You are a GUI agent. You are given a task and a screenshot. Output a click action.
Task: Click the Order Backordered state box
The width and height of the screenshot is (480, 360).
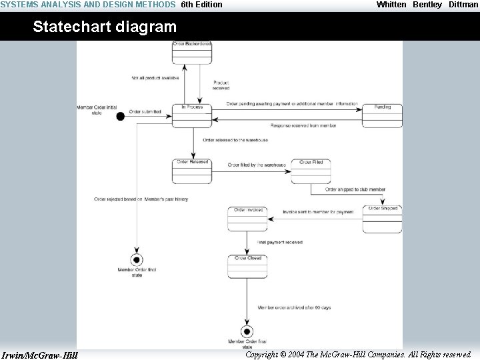coord(191,53)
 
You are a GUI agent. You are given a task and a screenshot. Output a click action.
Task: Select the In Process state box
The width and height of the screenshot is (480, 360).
coord(191,115)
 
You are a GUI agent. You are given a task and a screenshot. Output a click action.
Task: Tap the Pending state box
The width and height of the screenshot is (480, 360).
coord(382,115)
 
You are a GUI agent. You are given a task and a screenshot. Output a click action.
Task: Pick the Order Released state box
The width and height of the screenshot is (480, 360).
coord(192,171)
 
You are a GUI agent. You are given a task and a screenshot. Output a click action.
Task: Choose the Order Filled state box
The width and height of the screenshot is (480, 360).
coord(311,171)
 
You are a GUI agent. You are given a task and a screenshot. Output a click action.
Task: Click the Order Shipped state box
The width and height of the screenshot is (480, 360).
coord(382,219)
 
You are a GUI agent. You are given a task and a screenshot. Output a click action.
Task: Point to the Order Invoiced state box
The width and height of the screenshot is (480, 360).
coord(247,219)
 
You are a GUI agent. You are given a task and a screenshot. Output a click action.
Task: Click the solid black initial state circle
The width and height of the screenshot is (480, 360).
coord(121,116)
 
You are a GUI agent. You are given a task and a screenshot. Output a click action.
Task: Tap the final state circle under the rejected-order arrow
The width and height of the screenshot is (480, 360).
coord(137,259)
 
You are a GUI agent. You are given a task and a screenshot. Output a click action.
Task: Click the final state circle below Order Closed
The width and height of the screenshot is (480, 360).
coord(247,331)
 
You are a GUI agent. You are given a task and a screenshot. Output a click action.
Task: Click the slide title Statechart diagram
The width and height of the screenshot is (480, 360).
coord(105,27)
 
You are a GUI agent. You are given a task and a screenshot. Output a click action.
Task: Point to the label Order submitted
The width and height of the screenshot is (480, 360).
coord(145,112)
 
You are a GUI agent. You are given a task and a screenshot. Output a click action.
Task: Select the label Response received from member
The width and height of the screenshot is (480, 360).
coord(303,125)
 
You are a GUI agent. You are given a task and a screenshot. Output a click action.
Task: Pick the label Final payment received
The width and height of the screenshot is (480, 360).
coord(280,243)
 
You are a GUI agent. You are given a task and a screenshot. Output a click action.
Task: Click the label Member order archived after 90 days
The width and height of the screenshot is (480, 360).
coord(294,307)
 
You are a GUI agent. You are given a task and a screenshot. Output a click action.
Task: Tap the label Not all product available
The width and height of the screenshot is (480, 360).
coord(155,78)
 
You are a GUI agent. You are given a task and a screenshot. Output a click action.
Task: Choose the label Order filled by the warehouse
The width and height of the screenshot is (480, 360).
coord(257,165)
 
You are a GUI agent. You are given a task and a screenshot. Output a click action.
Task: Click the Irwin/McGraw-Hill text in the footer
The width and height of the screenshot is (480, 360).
coord(40,355)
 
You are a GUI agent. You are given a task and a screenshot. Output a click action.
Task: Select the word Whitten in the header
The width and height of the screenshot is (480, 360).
coord(391,5)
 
